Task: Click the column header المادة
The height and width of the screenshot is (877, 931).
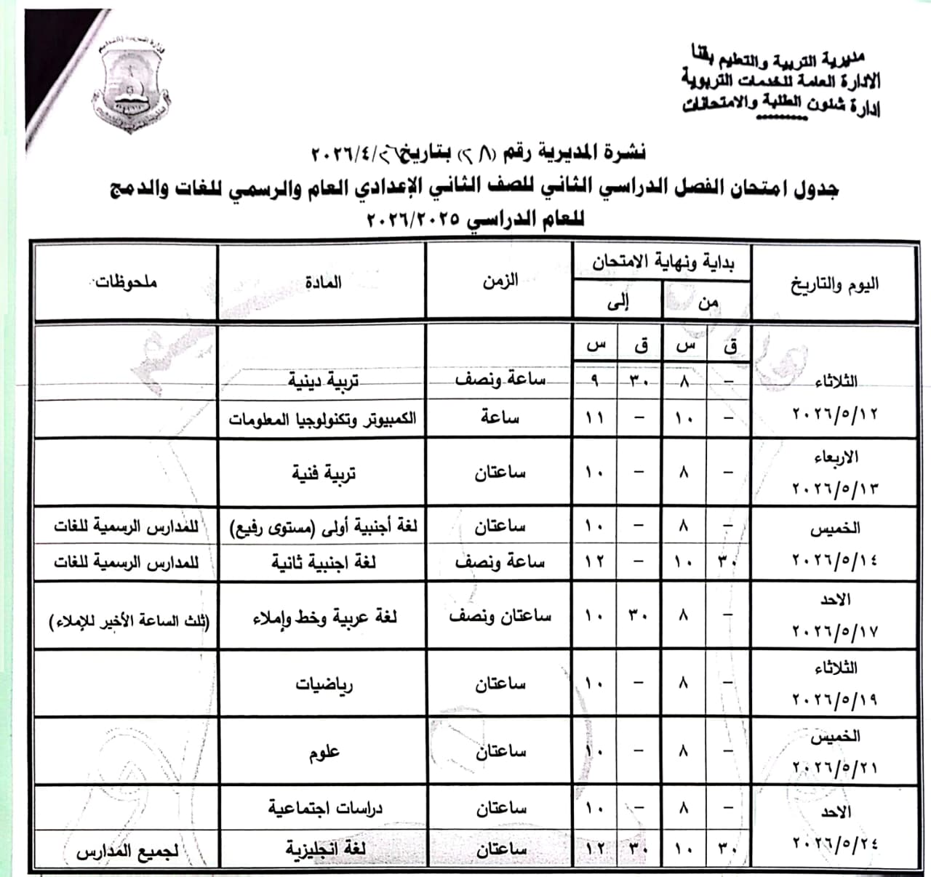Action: [324, 282]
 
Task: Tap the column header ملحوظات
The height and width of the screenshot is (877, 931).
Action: [126, 282]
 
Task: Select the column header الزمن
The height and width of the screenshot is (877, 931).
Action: [500, 281]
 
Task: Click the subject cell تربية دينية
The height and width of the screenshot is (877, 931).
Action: [324, 380]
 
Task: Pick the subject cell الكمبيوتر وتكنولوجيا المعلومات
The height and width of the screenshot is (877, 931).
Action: [322, 419]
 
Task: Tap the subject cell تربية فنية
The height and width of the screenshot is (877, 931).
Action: [324, 473]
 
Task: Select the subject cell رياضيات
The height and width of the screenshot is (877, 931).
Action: [324, 684]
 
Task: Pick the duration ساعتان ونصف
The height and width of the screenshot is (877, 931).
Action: [500, 617]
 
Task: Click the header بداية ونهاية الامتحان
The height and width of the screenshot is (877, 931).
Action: [663, 263]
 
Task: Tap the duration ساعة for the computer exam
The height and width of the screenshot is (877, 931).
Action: [500, 418]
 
